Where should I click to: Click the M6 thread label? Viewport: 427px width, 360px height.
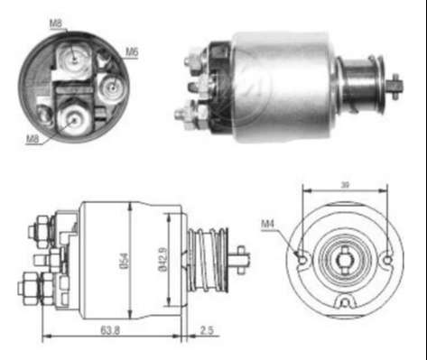tap(132, 51)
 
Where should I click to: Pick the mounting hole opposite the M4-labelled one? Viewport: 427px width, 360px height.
tap(388, 260)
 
